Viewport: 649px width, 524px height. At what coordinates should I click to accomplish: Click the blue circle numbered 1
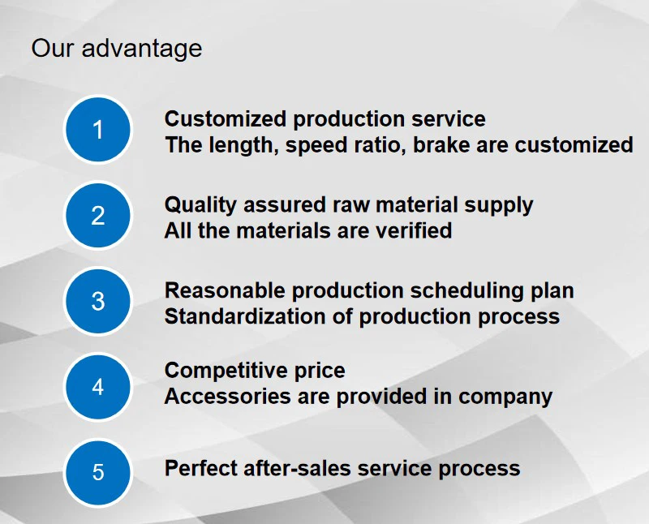pos(97,130)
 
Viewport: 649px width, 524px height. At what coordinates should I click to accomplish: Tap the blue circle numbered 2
pos(97,215)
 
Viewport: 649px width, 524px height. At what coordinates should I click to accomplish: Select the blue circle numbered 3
pos(97,301)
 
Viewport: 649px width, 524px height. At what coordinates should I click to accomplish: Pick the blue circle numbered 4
pos(97,387)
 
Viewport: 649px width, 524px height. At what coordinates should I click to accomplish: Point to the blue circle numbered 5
pos(97,472)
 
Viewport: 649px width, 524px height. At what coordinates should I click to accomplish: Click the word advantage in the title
pos(141,49)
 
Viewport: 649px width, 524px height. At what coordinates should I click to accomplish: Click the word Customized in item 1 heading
pos(226,118)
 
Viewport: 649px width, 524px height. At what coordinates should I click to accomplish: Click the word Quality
pos(200,206)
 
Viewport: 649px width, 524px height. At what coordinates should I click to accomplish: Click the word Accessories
pos(228,397)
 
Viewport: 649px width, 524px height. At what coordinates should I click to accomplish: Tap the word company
pos(505,397)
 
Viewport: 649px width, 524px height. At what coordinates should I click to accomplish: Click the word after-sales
pos(297,469)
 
